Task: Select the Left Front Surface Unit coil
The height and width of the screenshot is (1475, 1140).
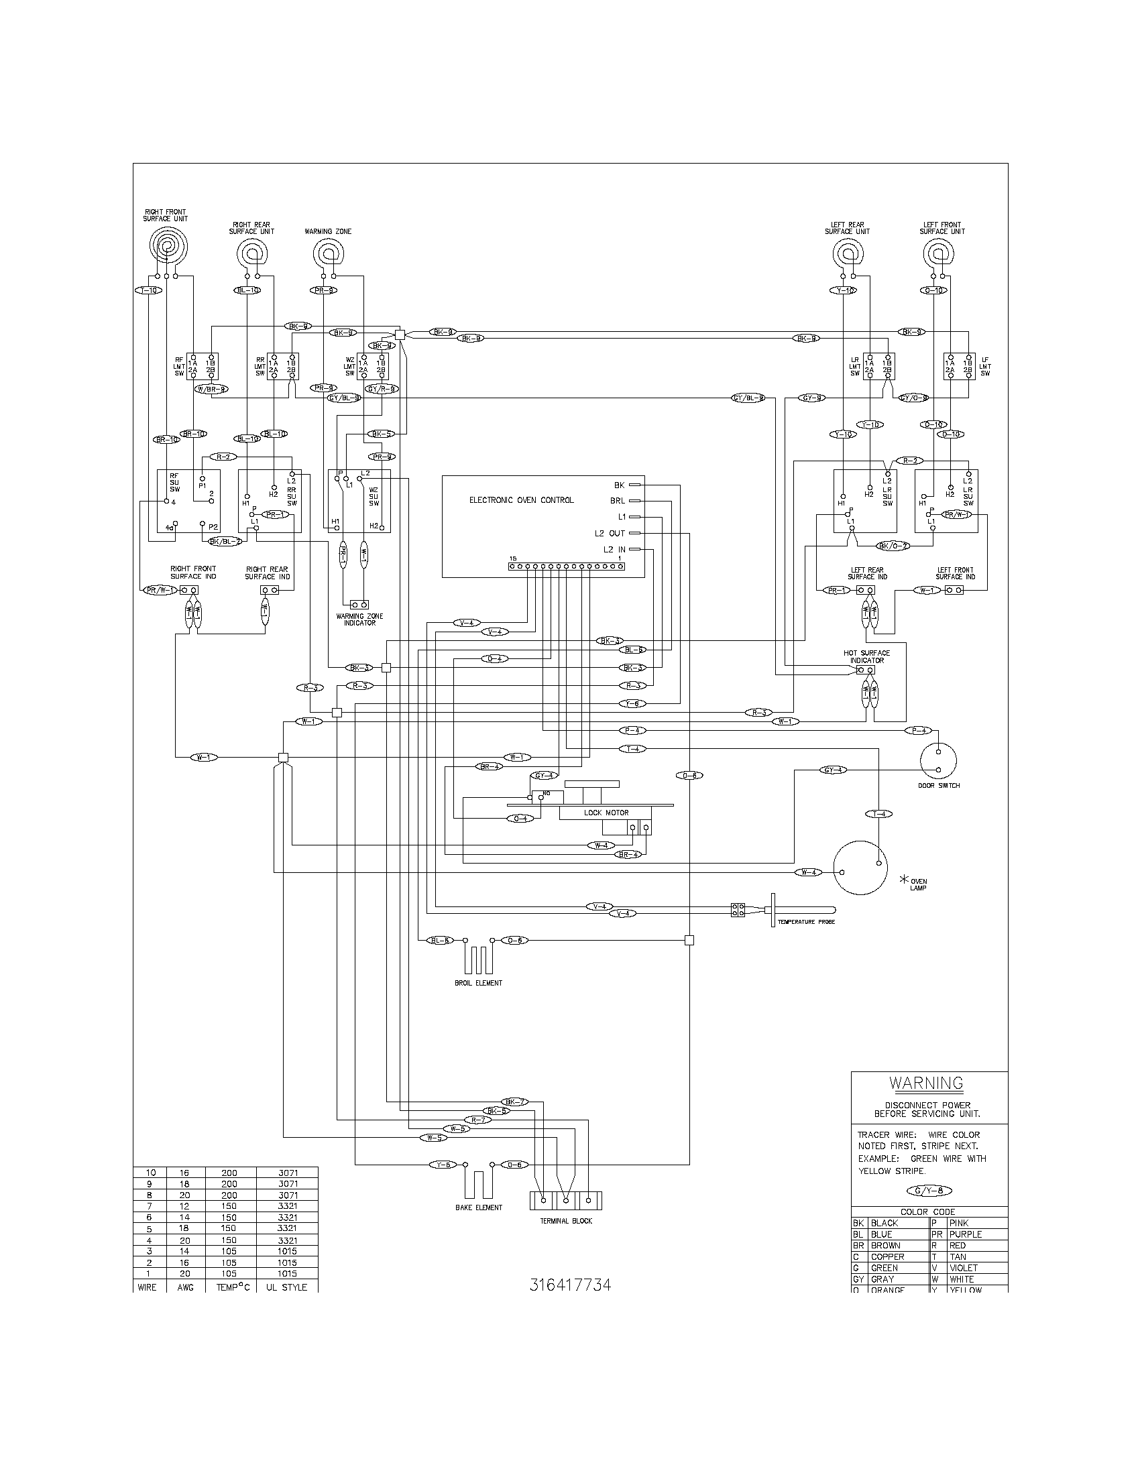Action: pos(938,255)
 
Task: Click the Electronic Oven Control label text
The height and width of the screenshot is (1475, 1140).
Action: pos(521,500)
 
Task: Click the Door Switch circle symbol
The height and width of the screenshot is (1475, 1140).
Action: pos(938,758)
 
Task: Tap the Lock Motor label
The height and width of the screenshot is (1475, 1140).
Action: pos(606,813)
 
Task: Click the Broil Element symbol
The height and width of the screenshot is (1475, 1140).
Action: pos(478,957)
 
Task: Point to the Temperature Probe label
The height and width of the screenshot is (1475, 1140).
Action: pos(805,922)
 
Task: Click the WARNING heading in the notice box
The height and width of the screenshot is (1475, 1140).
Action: pos(926,1083)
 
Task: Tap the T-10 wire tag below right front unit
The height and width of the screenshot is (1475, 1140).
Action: pos(148,290)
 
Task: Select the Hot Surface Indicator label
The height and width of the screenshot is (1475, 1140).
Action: pos(866,656)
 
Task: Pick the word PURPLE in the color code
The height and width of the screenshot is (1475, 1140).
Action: pos(965,1234)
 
